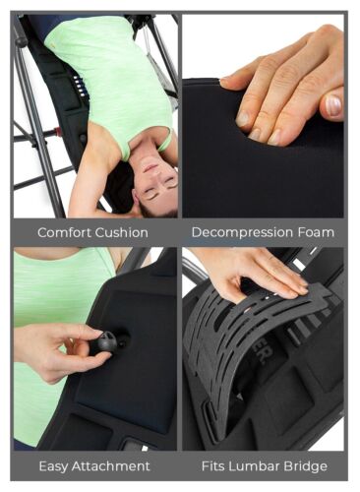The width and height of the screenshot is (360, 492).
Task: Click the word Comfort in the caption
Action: (65, 233)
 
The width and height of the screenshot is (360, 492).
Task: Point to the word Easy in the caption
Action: (54, 465)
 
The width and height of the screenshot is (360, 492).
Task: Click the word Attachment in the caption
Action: (111, 465)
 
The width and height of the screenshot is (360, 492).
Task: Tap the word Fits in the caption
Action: (216, 465)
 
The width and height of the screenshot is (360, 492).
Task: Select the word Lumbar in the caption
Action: (258, 465)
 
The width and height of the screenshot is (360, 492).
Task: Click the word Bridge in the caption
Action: (309, 465)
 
